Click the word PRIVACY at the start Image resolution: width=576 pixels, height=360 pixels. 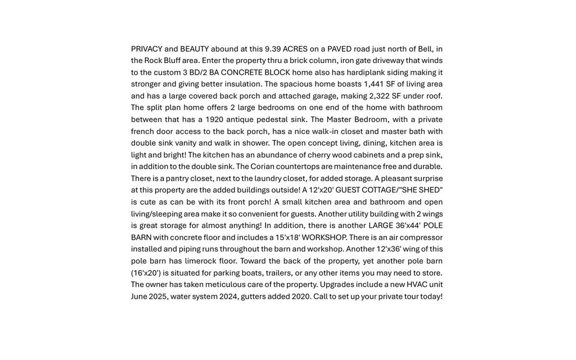[x=146, y=49]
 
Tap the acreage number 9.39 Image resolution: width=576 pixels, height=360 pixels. [x=272, y=49]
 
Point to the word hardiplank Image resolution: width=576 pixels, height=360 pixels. [x=366, y=73]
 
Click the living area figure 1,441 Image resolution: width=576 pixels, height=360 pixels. [x=373, y=84]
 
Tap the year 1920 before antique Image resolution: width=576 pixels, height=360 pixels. [x=214, y=120]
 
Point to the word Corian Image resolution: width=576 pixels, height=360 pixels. [x=262, y=166]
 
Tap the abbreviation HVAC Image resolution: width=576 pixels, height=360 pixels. [x=417, y=285]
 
